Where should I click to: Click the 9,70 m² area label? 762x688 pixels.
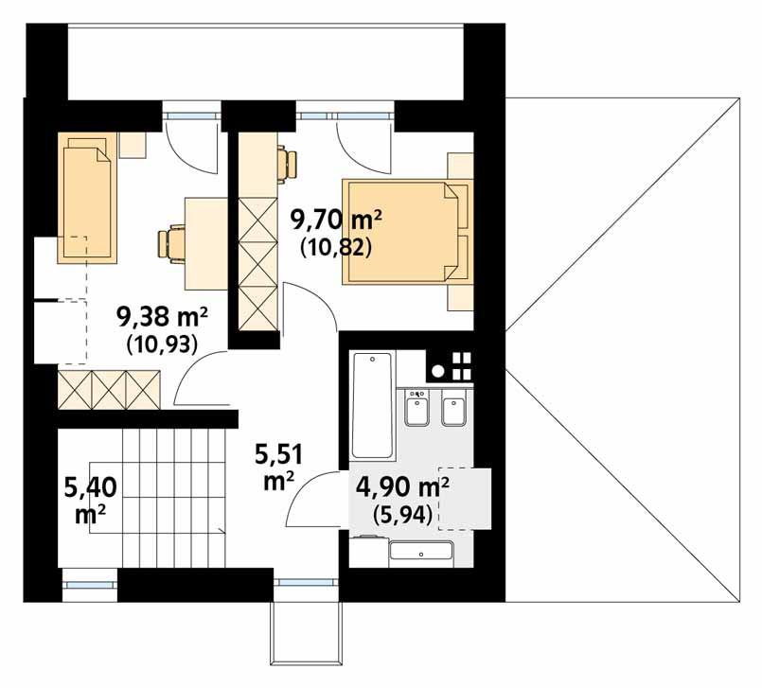[336, 221]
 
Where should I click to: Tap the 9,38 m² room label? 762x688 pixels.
[162, 318]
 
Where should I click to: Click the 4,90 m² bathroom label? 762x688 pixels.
[402, 486]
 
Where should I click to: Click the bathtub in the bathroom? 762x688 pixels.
[372, 406]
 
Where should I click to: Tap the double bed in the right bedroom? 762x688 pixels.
[408, 231]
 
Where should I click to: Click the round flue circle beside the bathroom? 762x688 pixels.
[438, 372]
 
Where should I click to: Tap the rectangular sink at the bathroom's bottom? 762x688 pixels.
[421, 554]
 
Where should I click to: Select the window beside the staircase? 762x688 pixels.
[90, 585]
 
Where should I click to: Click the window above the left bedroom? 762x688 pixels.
[191, 115]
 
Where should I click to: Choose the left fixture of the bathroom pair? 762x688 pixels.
[416, 407]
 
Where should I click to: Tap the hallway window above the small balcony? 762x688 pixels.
[306, 583]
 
